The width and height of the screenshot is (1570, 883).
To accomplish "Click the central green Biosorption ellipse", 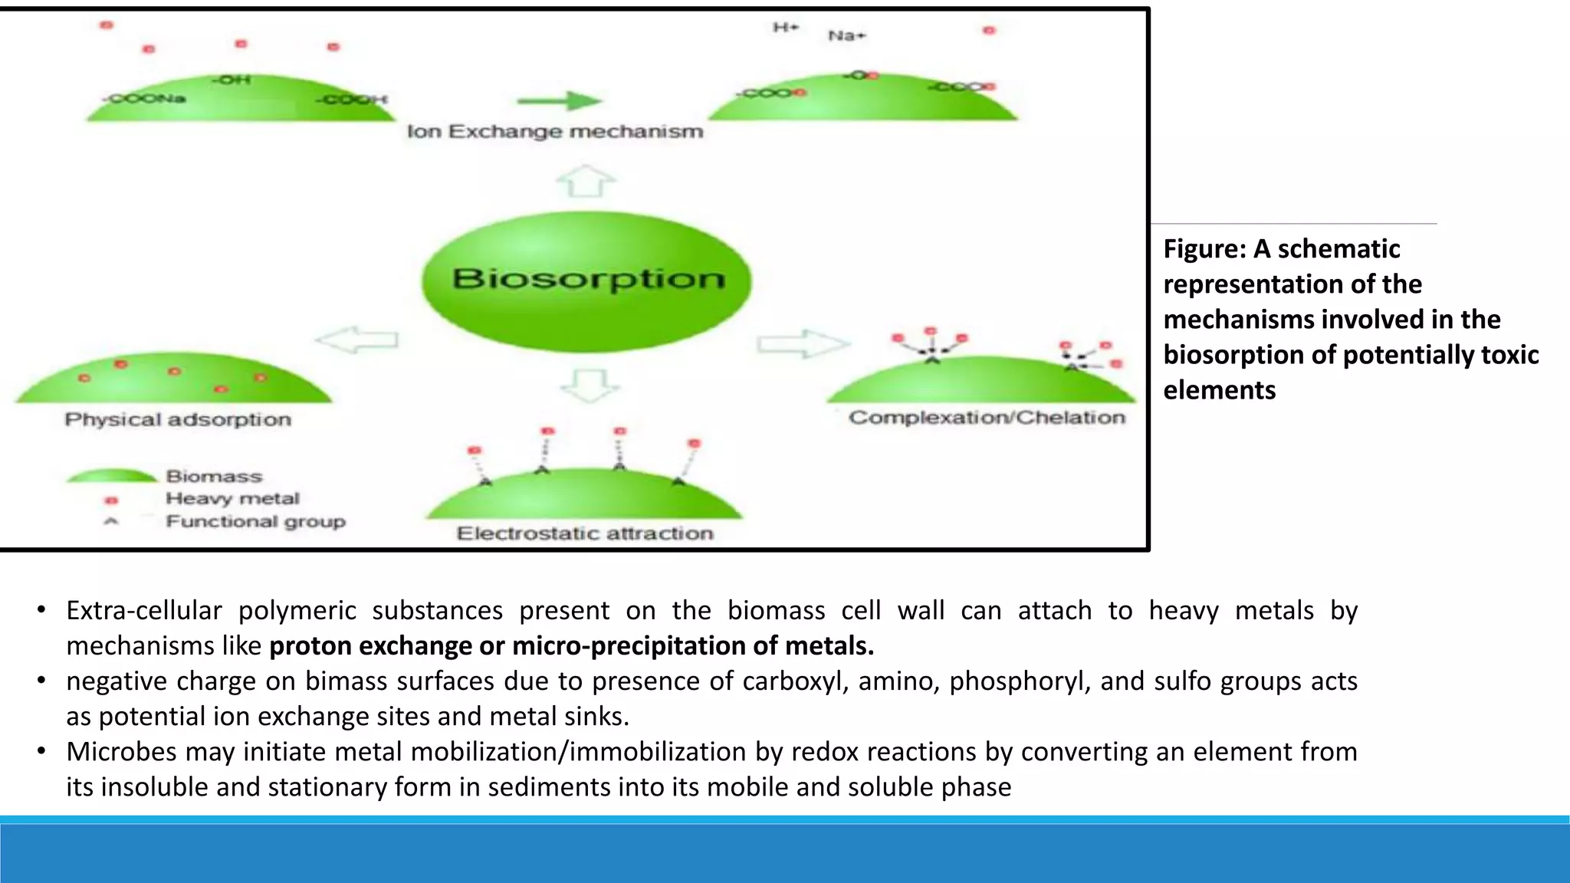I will (586, 281).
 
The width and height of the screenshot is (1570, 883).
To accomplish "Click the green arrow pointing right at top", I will (560, 100).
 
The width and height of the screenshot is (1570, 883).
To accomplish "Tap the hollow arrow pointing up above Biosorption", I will (586, 182).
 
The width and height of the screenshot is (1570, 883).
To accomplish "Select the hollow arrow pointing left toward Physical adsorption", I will (357, 340).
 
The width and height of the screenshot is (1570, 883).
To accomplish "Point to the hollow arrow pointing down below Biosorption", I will (590, 385).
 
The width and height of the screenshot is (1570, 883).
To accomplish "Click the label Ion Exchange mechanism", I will (555, 132).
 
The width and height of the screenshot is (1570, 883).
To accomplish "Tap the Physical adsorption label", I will (178, 420).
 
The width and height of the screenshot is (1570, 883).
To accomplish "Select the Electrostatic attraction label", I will (585, 533).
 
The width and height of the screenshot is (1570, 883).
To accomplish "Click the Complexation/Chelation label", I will (987, 418).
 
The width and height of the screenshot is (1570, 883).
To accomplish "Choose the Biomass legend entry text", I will (214, 477).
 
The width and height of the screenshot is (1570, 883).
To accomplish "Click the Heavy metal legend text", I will (232, 499).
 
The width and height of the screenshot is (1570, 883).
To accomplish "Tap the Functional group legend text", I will (255, 522).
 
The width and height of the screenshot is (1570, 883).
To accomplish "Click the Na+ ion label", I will (846, 36).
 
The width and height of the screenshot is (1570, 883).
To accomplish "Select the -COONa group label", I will (146, 99).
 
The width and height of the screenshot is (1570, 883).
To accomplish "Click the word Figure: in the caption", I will (1204, 249).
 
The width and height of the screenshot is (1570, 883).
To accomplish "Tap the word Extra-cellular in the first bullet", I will (144, 611).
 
